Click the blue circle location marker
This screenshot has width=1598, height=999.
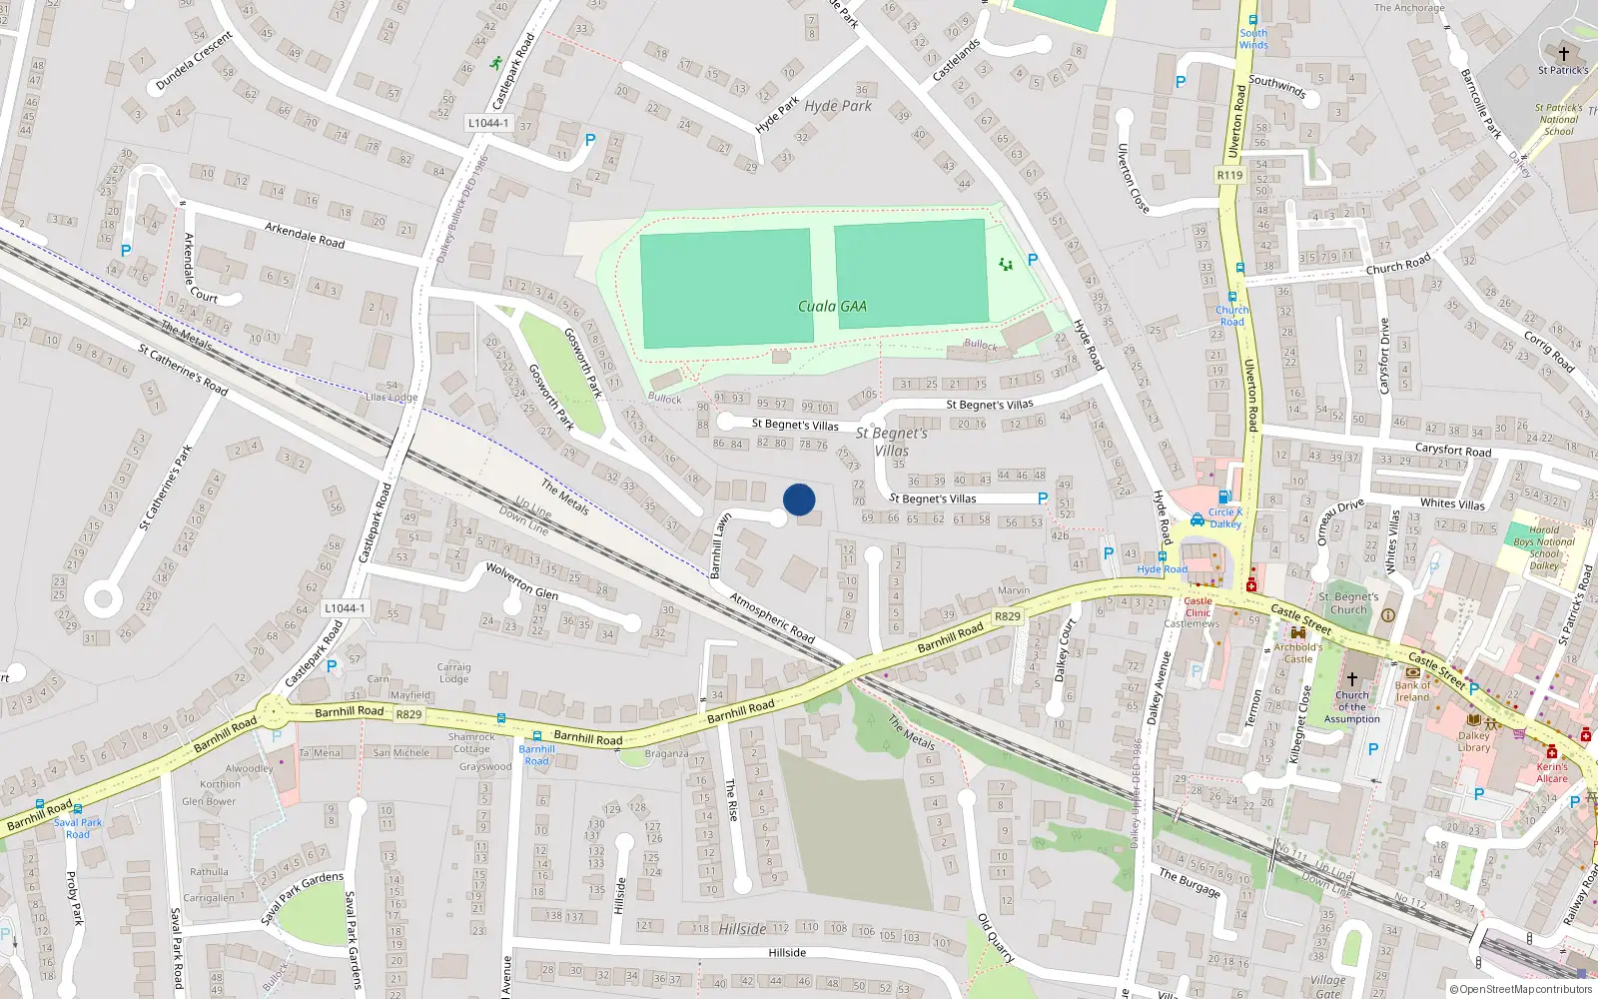(799, 499)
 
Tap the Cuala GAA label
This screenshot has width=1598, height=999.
(832, 307)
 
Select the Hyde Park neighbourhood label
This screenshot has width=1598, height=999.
(838, 106)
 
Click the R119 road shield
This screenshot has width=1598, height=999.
(1229, 175)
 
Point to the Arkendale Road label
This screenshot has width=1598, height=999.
(305, 235)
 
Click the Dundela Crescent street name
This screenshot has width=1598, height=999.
(194, 61)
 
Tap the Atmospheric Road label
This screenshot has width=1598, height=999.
(772, 617)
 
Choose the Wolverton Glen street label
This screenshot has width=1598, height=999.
(521, 580)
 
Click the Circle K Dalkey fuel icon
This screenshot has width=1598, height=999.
(1224, 497)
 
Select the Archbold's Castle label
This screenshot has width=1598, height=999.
(1297, 652)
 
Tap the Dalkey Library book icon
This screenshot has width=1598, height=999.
(1473, 719)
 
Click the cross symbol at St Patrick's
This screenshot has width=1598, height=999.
(1564, 53)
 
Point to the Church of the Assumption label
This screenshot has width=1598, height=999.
(1351, 706)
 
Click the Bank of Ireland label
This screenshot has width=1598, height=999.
(1412, 690)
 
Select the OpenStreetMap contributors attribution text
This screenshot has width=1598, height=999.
(1520, 989)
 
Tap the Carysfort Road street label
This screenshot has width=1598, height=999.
(1453, 450)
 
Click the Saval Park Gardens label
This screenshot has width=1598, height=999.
(302, 897)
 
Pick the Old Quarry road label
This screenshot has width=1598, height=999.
(996, 938)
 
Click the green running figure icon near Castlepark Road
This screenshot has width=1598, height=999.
(496, 63)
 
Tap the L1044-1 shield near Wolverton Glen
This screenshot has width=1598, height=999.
(345, 607)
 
